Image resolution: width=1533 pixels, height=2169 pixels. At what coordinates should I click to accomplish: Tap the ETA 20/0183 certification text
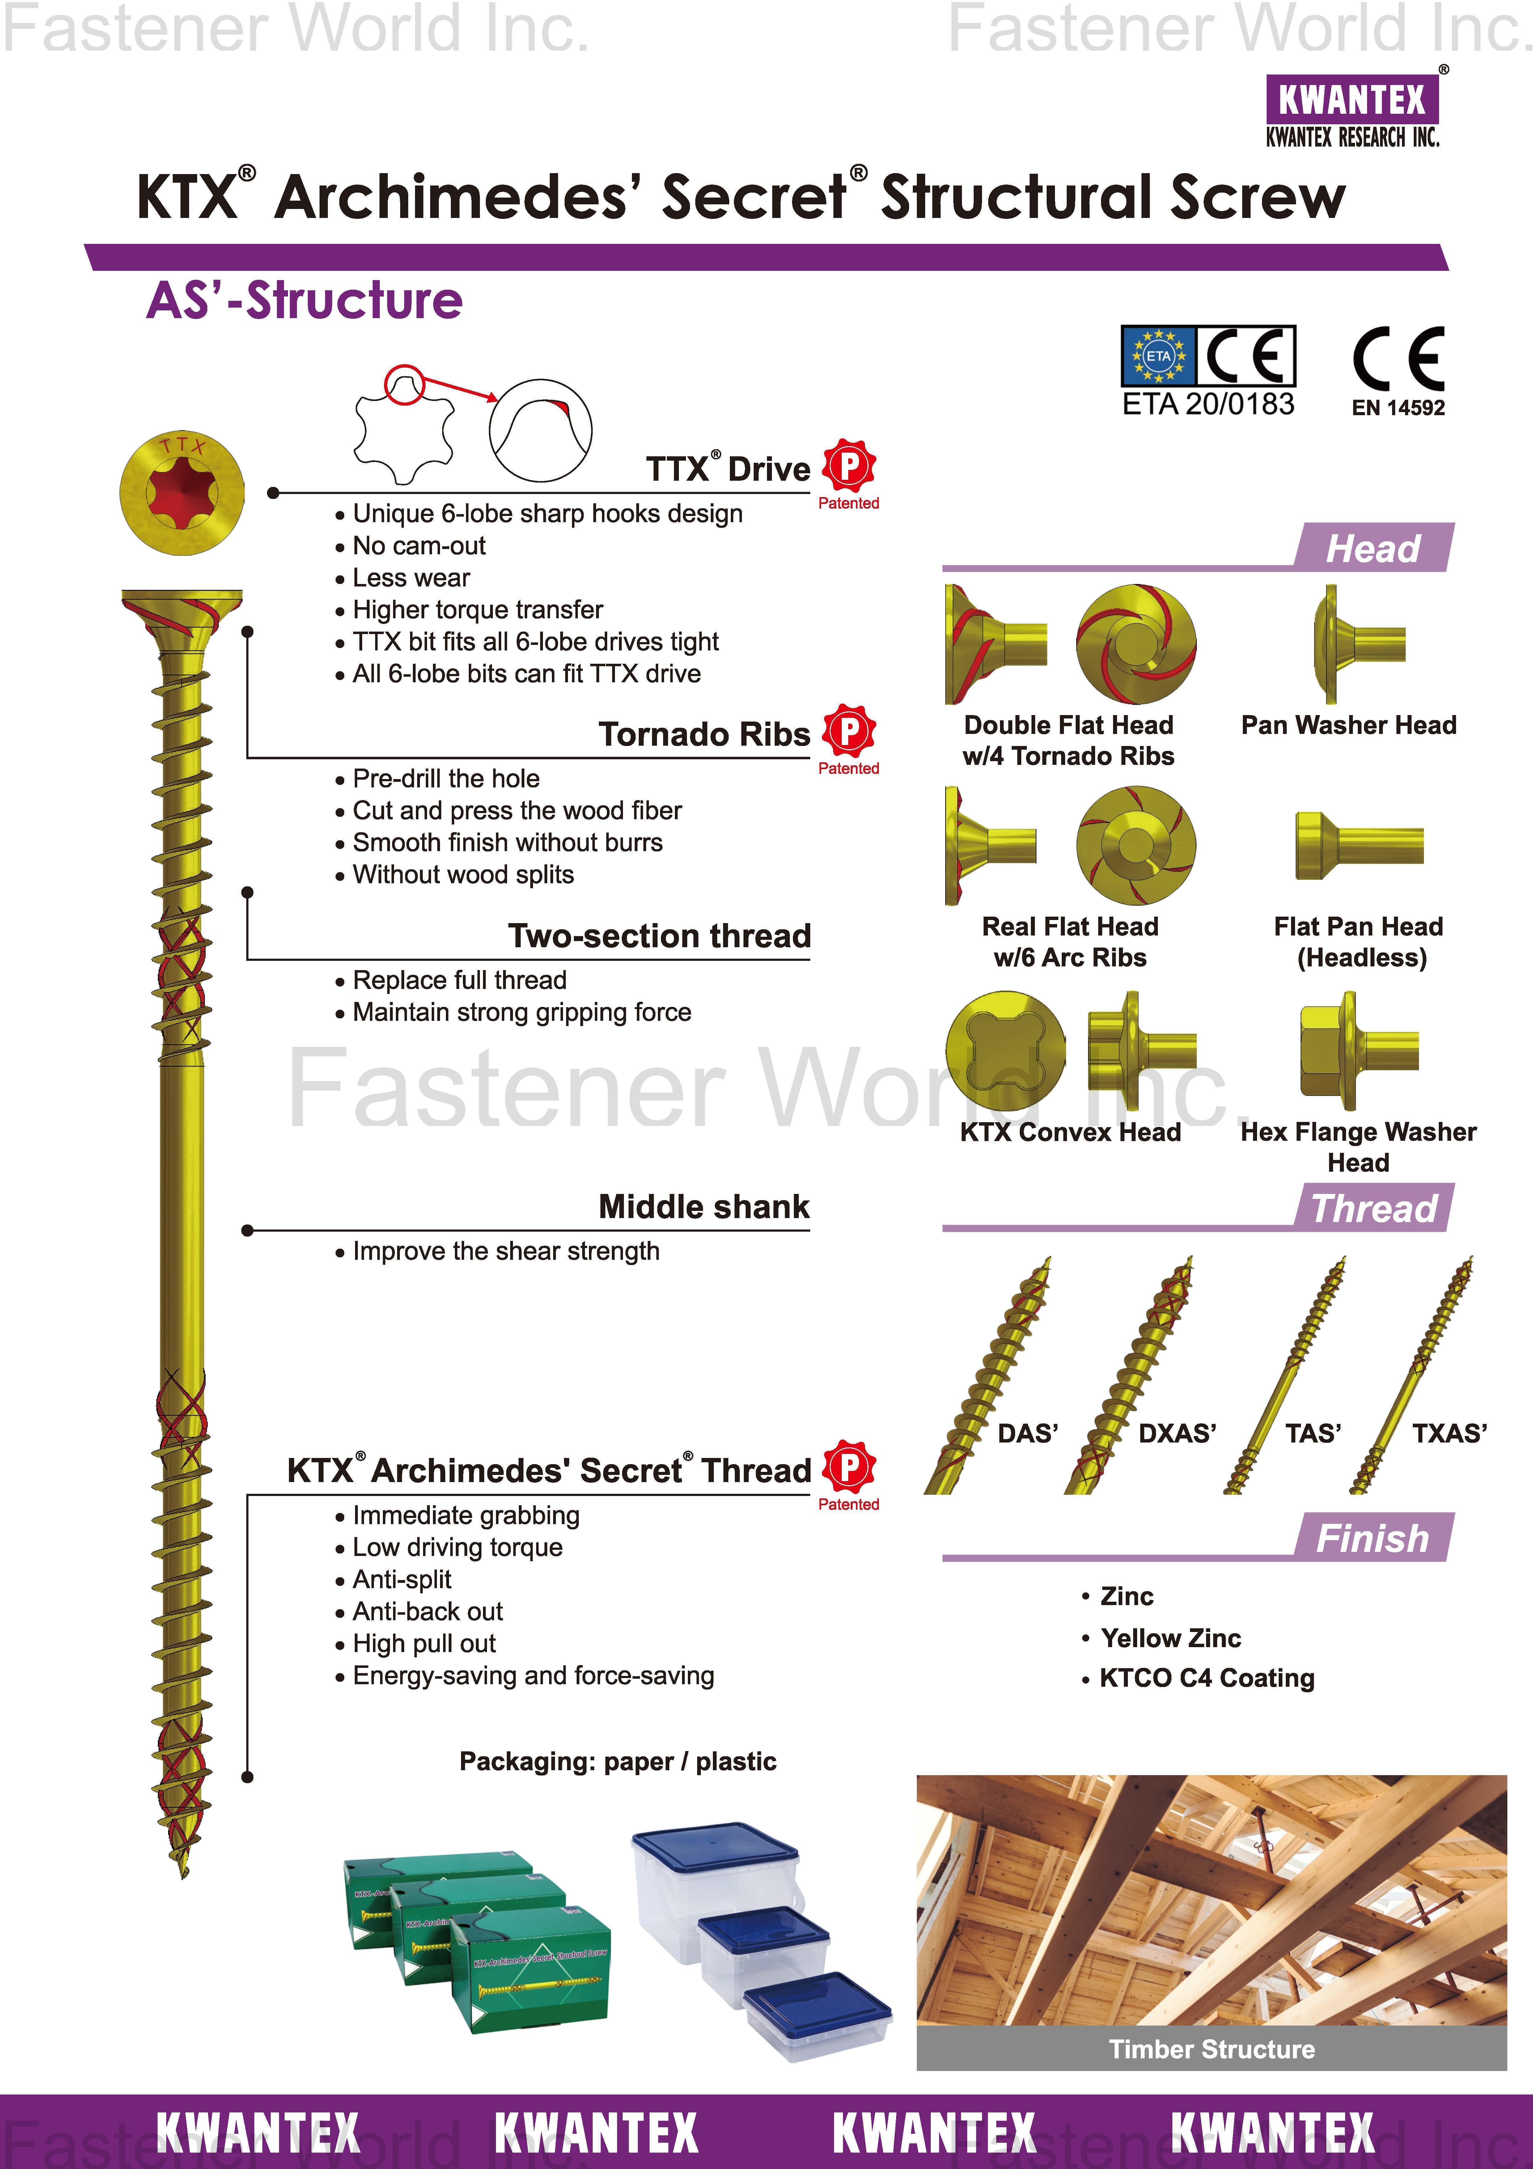(x=1208, y=404)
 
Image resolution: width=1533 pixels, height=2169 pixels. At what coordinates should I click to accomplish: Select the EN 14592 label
(x=1398, y=408)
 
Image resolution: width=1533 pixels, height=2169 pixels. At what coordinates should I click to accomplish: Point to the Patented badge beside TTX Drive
(x=848, y=472)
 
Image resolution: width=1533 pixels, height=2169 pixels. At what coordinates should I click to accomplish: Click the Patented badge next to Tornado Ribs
(x=848, y=738)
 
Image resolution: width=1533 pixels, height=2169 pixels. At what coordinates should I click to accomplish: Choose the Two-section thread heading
(x=659, y=936)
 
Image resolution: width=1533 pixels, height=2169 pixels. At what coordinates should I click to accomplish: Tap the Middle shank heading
(x=704, y=1206)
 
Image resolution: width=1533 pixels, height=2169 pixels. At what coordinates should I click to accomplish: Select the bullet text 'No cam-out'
(x=418, y=546)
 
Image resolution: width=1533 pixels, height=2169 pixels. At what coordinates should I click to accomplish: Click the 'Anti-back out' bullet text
(x=427, y=1612)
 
